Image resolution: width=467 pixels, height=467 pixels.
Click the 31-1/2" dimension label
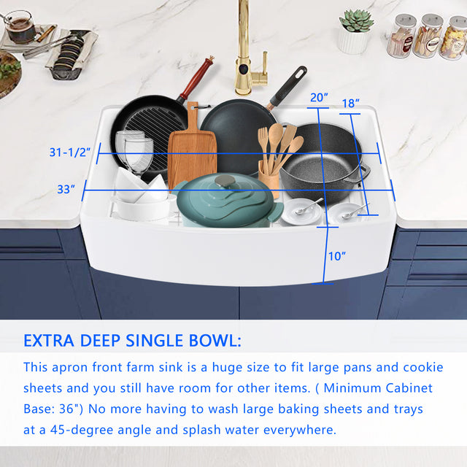(70, 153)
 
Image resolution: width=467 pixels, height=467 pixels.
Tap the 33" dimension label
(66, 189)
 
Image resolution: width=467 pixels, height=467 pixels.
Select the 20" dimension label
(319, 97)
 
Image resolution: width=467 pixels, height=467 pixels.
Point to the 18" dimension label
(350, 104)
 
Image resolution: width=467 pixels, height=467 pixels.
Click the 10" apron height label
(337, 256)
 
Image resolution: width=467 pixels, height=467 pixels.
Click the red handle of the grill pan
(197, 77)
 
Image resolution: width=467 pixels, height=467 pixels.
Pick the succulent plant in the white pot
(357, 20)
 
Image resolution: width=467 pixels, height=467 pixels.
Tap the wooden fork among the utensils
(263, 149)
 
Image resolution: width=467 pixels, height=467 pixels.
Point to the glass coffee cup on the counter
(20, 26)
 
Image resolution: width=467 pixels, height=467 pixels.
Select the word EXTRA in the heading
(49, 341)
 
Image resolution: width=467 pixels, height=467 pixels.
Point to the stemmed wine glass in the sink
(139, 155)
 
